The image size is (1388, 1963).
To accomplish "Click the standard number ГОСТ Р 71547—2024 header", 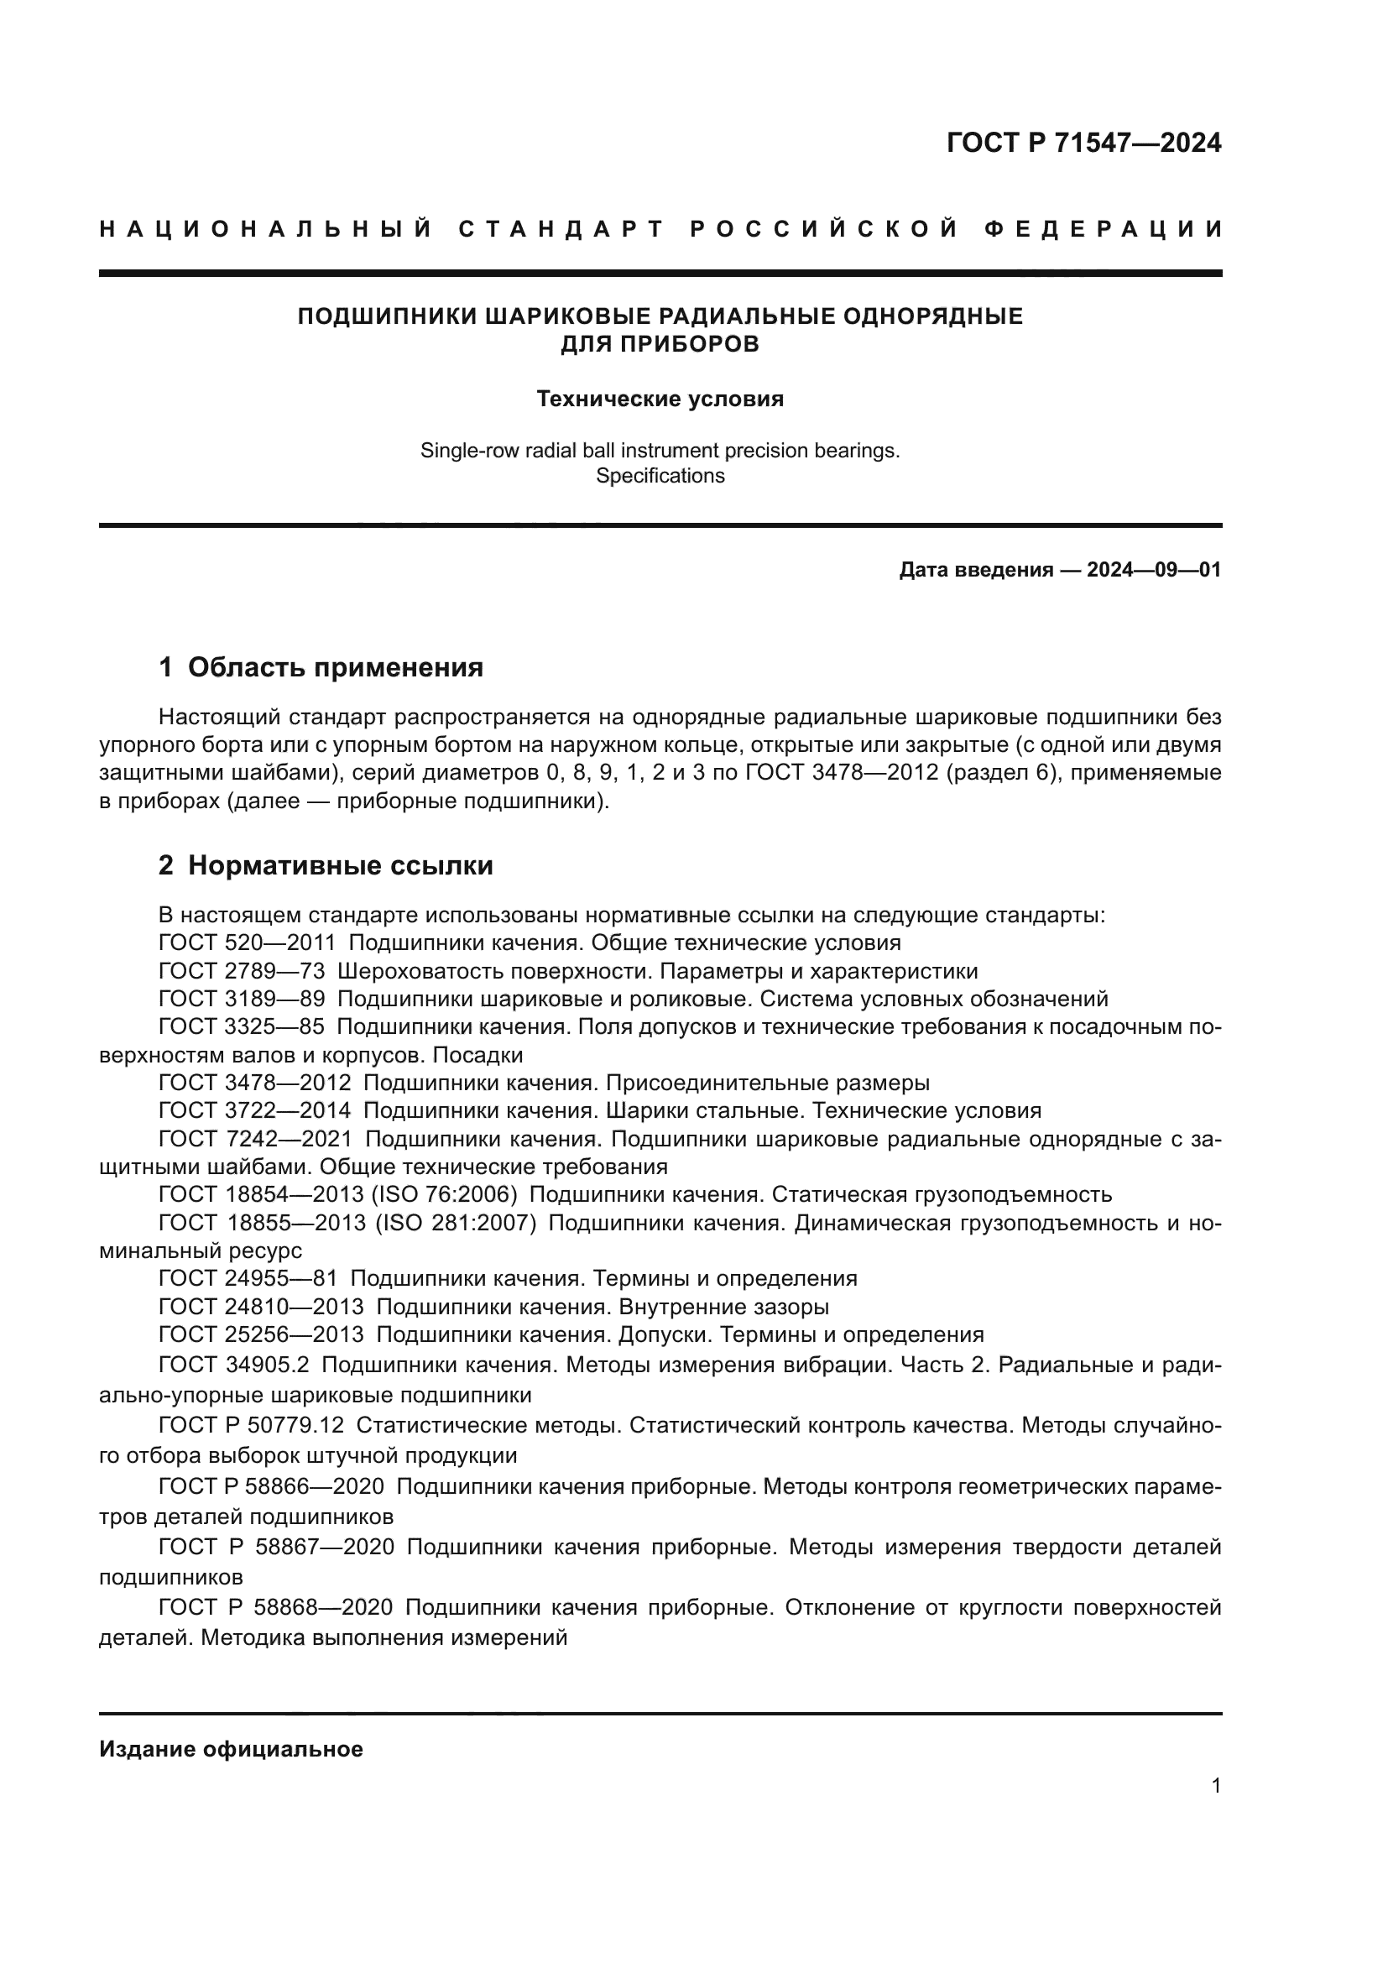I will pyautogui.click(x=1083, y=143).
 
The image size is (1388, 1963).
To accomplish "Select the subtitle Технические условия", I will pyautogui.click(x=660, y=399).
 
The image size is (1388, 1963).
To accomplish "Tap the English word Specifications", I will pyautogui.click(x=660, y=475).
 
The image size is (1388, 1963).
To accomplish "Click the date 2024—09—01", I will pyautogui.click(x=1154, y=570).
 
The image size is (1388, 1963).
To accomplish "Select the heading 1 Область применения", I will pyautogui.click(x=321, y=668).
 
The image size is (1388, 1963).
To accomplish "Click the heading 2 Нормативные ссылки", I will pyautogui.click(x=326, y=866).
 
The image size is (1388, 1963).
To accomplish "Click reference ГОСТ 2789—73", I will pyautogui.click(x=242, y=971).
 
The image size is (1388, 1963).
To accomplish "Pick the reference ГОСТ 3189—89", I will pyautogui.click(x=242, y=999).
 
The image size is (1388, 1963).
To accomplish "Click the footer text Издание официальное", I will pyautogui.click(x=231, y=1749).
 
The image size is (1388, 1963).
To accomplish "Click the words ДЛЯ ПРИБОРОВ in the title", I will pyautogui.click(x=660, y=345).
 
